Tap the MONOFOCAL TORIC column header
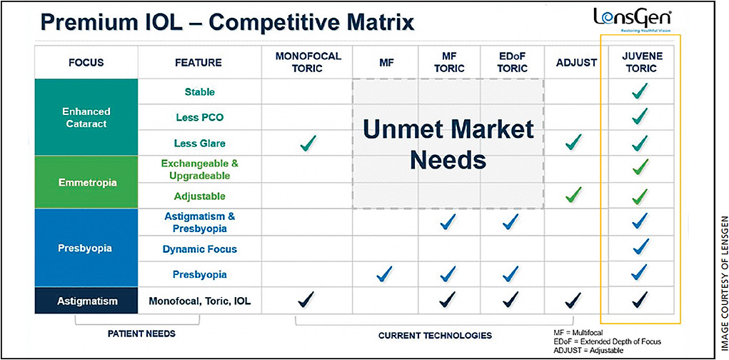coord(308,62)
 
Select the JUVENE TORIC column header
coord(642,62)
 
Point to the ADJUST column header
coord(576,62)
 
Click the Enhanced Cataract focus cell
coord(86,117)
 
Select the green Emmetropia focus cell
coord(86,182)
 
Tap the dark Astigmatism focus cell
coord(86,301)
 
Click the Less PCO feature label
coord(199,118)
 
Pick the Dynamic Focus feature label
coord(199,249)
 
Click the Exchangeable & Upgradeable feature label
coord(199,170)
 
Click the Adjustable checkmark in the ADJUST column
coord(573,194)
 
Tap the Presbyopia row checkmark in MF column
coord(384,274)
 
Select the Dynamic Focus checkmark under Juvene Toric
coord(640,246)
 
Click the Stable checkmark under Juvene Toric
coord(640,91)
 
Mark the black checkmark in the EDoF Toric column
coord(511,299)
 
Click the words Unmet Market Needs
coord(448,145)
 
